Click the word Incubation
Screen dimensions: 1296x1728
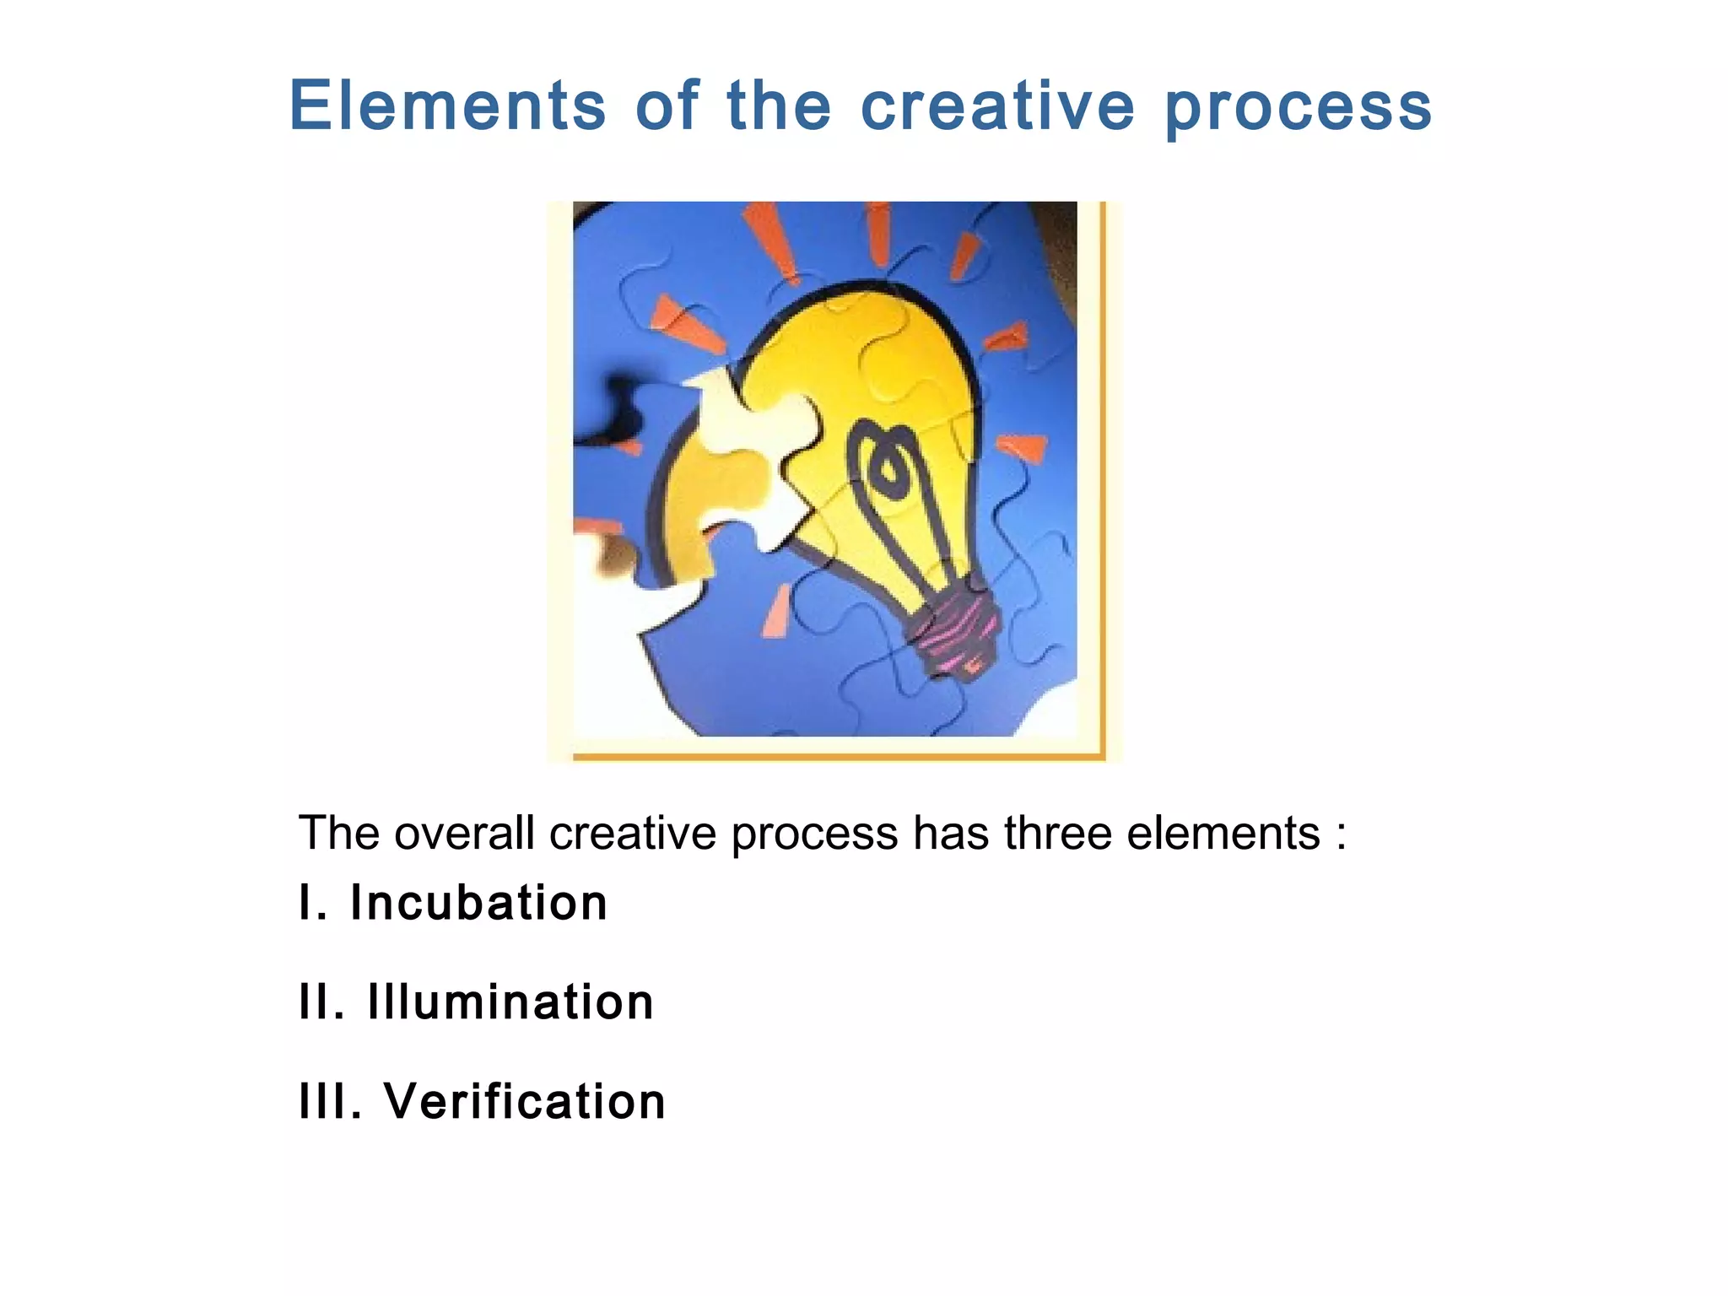(478, 903)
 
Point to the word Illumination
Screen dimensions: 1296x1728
(510, 1002)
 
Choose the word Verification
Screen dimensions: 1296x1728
(525, 1101)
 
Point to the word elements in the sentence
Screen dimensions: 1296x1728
(1223, 834)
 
